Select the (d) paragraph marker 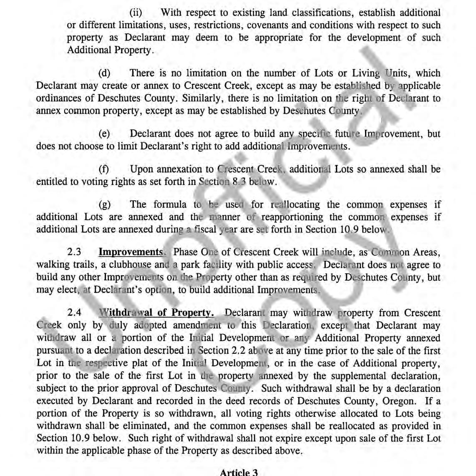104,73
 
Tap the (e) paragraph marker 104,134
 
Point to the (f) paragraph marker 103,169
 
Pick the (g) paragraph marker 104,205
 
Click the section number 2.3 74,252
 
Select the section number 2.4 74,313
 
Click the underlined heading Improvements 131,252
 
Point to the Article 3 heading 239,472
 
